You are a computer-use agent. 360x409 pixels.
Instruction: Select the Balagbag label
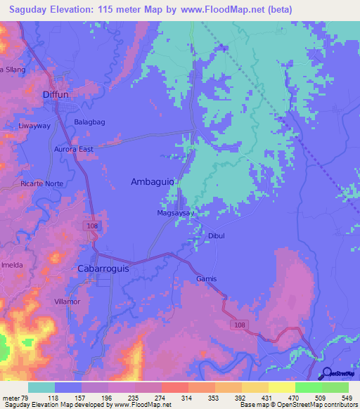click(89, 122)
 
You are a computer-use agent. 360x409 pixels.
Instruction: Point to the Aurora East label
click(74, 149)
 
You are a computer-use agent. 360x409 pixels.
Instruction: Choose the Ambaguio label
click(153, 181)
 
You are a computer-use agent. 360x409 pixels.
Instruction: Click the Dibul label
click(216, 236)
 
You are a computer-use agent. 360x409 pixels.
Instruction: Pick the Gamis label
click(206, 279)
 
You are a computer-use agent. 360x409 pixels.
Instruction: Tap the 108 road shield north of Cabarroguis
click(93, 226)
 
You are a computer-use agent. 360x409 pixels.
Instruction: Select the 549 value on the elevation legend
click(345, 396)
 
